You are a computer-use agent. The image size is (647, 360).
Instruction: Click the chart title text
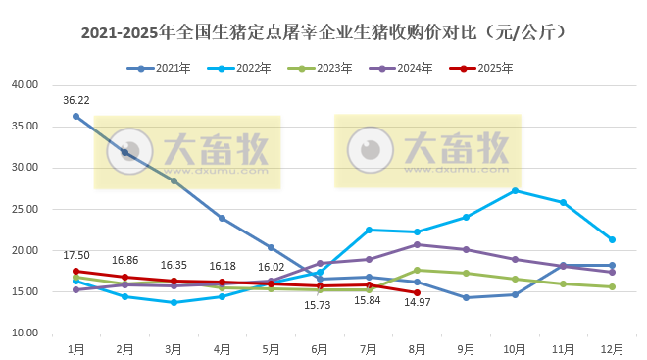(323, 33)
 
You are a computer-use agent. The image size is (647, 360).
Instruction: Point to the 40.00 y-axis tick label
(25, 84)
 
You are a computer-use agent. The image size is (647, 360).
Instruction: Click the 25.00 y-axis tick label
(25, 209)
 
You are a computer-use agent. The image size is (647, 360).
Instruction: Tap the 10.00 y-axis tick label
(25, 334)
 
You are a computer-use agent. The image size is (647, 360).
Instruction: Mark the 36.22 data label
(75, 100)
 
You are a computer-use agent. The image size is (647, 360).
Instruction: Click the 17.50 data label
(75, 256)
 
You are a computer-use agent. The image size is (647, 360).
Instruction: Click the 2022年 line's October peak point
(515, 190)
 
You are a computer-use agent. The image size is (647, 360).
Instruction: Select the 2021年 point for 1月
(75, 116)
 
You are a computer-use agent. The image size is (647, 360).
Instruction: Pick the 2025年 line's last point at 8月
(417, 292)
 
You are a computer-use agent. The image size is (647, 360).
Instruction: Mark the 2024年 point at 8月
(417, 244)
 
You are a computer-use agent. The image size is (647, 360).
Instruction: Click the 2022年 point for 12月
(612, 239)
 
